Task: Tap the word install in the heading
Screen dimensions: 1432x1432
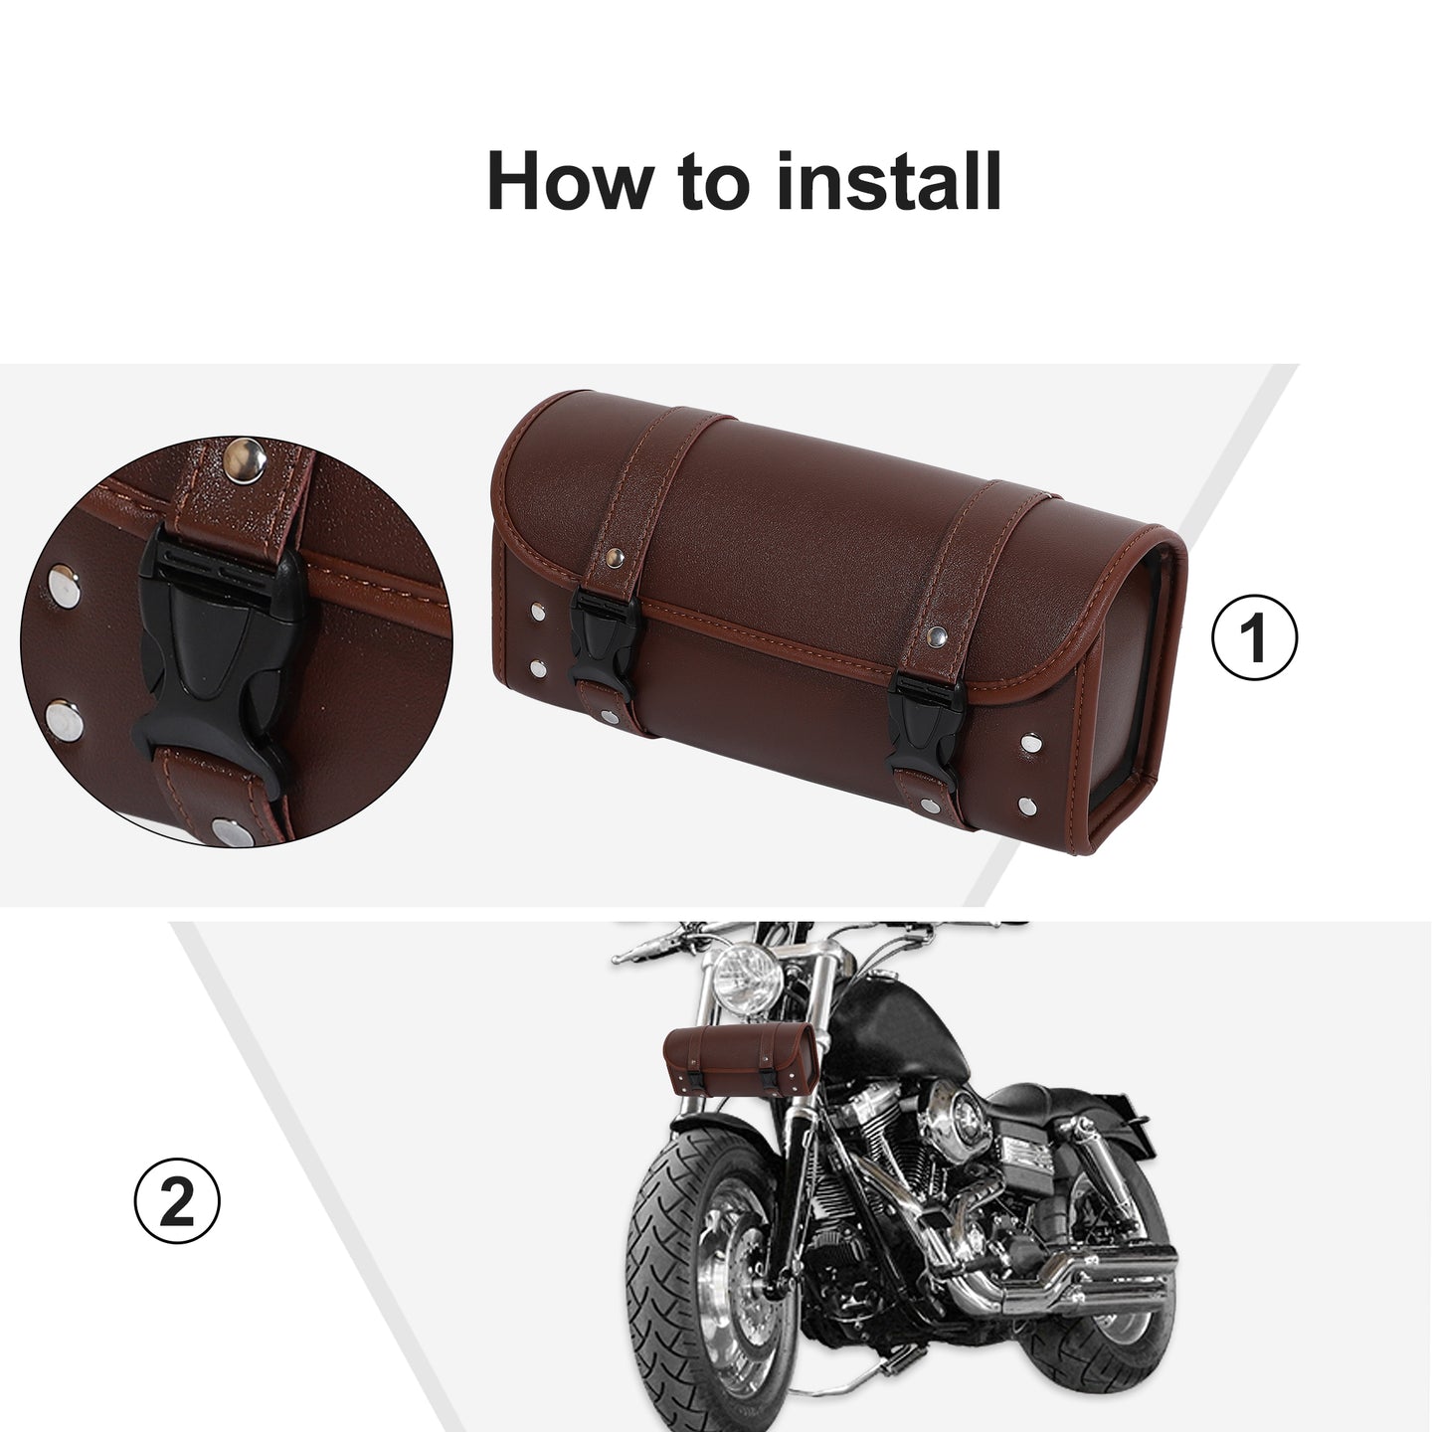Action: pos(889,181)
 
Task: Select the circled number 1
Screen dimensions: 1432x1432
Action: pos(1254,636)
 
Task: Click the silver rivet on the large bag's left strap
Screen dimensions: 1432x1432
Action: pos(614,556)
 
